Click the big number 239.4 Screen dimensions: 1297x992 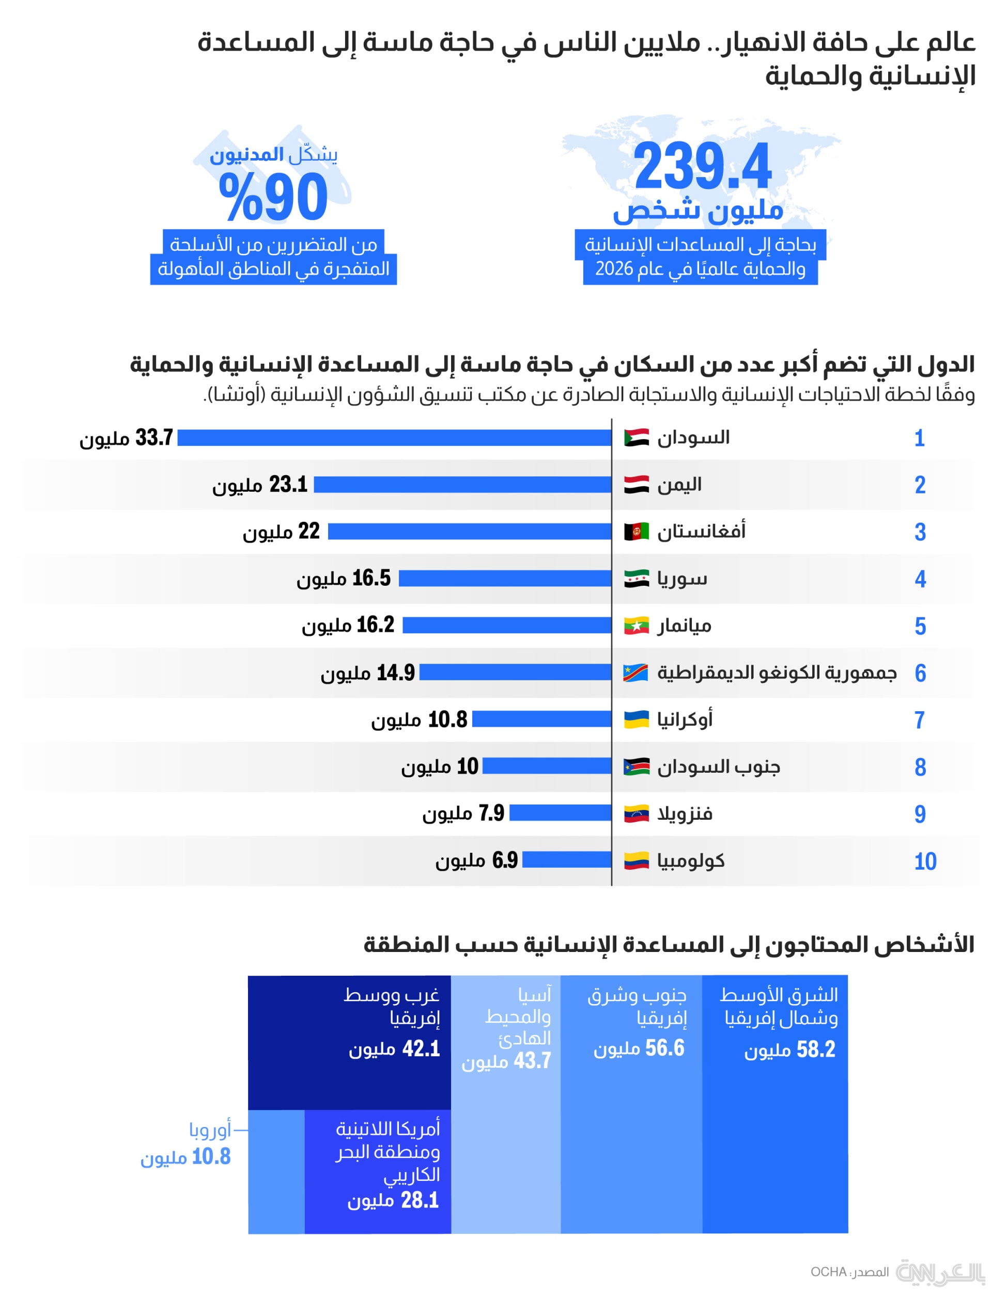point(702,166)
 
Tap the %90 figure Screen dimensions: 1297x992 point(273,197)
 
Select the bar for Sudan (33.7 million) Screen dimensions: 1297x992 point(394,437)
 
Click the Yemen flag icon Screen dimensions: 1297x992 point(636,485)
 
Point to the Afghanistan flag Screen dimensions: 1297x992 point(636,532)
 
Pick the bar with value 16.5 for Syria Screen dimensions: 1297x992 point(505,579)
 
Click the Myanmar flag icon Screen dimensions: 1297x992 point(636,625)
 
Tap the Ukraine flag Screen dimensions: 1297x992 point(636,719)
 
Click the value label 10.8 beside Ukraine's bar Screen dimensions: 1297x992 point(447,720)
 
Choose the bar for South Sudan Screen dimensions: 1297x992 point(547,767)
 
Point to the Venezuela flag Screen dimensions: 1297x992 point(636,814)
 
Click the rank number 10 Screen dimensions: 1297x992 point(925,862)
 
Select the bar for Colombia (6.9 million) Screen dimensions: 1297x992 point(567,860)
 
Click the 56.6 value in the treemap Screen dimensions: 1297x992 point(664,1049)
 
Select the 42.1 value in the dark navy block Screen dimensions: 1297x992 point(421,1049)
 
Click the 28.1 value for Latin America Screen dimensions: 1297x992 point(420,1200)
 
